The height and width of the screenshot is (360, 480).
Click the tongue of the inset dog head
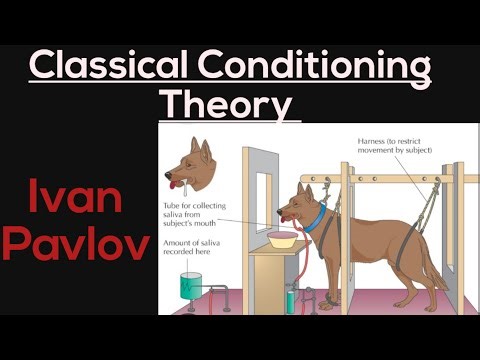pyautogui.click(x=178, y=188)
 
